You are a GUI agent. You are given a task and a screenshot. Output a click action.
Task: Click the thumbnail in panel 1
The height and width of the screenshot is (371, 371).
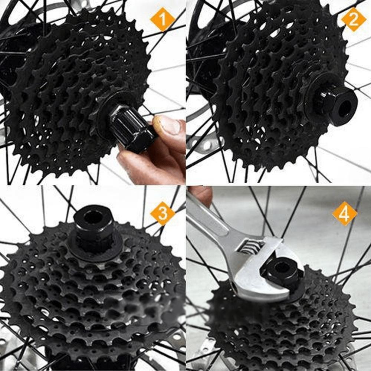(169, 125)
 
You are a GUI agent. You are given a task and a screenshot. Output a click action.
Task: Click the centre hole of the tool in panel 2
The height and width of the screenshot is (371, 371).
(345, 107)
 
